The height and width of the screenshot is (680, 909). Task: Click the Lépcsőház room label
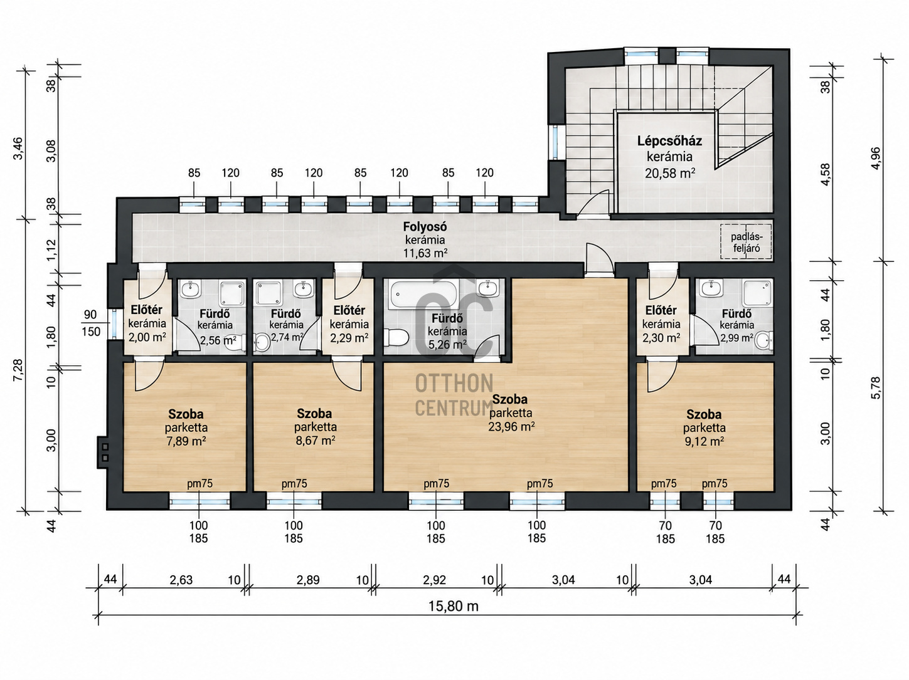point(669,141)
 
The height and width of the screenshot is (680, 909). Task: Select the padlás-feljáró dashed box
point(746,241)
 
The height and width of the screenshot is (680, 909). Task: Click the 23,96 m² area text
point(511,426)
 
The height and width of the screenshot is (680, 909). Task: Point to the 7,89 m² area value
point(186,441)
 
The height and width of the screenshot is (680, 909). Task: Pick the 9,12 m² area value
point(704,441)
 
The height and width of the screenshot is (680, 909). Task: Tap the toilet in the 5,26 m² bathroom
point(396,337)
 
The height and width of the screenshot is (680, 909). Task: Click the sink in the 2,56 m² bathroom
point(191,289)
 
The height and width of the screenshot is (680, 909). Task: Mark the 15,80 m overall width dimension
point(453,607)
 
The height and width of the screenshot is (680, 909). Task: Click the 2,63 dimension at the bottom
point(181,580)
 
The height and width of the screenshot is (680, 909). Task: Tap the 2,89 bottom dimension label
point(307,580)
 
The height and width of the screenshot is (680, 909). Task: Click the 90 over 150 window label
point(91,323)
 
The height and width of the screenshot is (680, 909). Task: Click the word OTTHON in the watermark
point(454,384)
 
